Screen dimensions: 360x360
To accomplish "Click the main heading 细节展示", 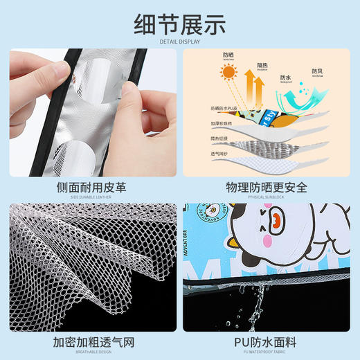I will coord(179,24).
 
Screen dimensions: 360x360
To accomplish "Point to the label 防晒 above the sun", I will coord(229,56).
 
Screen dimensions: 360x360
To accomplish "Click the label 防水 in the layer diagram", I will coord(285,78).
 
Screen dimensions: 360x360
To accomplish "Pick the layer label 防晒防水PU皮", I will coord(224,109).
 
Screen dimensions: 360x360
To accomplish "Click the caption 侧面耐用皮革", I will coord(91,187).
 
